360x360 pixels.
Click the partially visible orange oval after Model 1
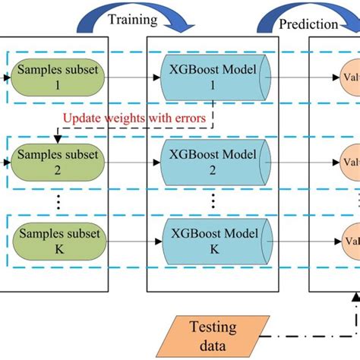pos(349,77)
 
